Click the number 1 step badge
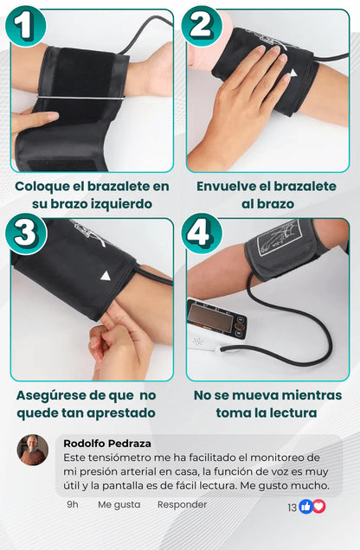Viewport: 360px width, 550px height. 26,26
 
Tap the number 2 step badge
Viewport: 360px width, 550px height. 202,26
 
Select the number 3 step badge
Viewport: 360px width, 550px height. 26,233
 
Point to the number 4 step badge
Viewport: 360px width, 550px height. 202,233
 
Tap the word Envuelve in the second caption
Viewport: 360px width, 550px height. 231,186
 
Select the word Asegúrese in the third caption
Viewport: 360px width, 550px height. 52,394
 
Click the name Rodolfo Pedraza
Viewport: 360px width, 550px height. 107,443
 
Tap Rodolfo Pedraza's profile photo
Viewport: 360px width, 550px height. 33,450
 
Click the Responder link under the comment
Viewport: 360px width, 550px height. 182,504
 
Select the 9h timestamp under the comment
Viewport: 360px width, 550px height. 73,504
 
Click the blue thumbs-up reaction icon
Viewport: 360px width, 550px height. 305,507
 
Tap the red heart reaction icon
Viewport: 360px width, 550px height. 318,507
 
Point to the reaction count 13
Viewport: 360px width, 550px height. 292,508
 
